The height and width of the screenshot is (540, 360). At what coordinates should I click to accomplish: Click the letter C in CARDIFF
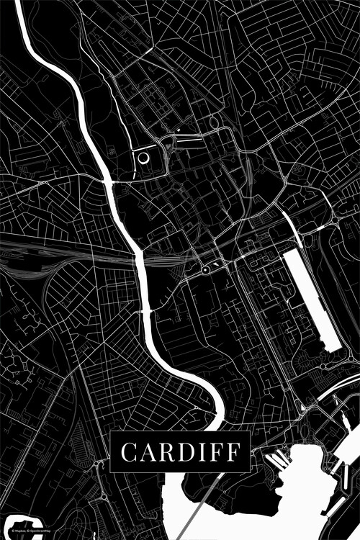tap(128, 453)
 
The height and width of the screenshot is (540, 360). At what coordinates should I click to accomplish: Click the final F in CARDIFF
tap(234, 453)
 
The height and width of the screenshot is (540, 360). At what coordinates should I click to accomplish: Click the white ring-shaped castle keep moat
tap(143, 158)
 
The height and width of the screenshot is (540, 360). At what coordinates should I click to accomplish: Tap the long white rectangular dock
tap(311, 299)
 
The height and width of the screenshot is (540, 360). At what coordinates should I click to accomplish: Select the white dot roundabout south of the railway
tap(205, 269)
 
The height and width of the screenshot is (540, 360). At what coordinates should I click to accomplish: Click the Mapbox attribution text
tap(16, 531)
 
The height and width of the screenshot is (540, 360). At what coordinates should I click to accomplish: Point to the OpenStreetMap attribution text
tap(40, 531)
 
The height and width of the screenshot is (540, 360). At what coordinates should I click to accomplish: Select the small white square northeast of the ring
tap(178, 131)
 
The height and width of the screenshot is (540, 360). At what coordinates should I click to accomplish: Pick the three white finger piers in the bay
tap(277, 458)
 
